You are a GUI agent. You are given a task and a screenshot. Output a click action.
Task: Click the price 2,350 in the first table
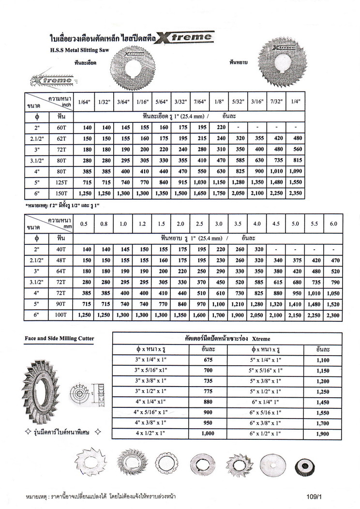pos(296,193)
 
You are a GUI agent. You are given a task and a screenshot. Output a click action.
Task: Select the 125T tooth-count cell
pos(61,182)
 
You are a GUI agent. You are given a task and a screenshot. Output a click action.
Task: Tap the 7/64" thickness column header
pos(199,102)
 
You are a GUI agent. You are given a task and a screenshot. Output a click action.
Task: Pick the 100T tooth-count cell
pos(61,315)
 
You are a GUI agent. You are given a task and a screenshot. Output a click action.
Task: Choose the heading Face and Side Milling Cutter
pos(60,338)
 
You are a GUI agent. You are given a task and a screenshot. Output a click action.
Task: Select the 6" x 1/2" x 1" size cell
pos(266,434)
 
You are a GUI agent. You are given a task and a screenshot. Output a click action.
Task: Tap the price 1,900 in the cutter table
pos(322,434)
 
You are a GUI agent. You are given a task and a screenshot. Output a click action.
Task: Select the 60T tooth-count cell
pos(61,128)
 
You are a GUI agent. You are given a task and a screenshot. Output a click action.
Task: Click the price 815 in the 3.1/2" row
pos(296,160)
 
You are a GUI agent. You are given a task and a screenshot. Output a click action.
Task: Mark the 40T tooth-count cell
pos(61,249)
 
